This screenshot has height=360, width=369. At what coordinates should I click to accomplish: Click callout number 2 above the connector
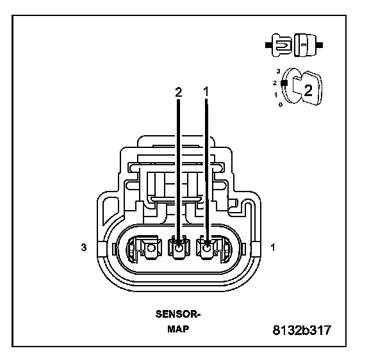[x=179, y=92]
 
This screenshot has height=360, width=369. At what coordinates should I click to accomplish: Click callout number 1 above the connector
[x=206, y=92]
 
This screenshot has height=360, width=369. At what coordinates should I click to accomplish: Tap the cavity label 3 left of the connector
[x=84, y=247]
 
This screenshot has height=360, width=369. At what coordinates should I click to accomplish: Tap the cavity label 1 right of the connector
[x=272, y=247]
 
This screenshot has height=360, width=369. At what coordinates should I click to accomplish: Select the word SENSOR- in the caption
[x=178, y=314]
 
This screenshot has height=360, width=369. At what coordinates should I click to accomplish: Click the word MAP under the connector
[x=178, y=329]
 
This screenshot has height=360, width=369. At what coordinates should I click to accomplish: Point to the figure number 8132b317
[x=302, y=330]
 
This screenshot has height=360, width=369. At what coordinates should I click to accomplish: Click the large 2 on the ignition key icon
[x=308, y=90]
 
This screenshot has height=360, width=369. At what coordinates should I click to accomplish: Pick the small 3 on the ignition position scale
[x=279, y=71]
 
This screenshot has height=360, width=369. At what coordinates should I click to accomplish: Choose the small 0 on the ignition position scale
[x=281, y=104]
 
